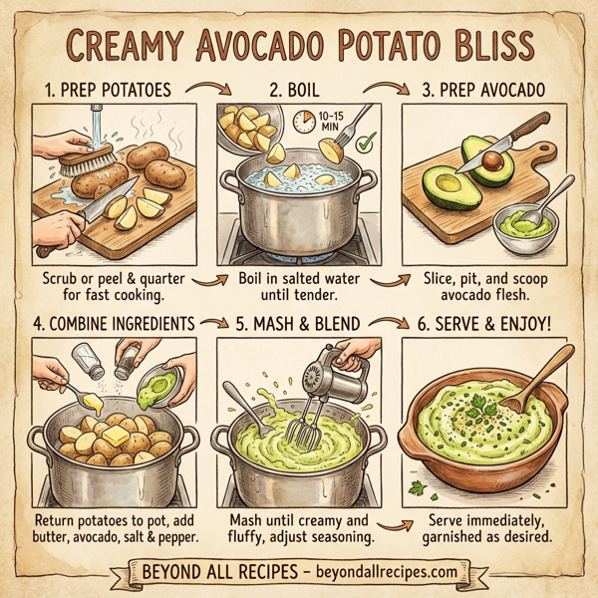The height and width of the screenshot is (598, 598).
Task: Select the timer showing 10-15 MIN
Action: pos(314,124)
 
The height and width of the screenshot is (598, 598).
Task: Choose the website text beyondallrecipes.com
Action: pos(388,572)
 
